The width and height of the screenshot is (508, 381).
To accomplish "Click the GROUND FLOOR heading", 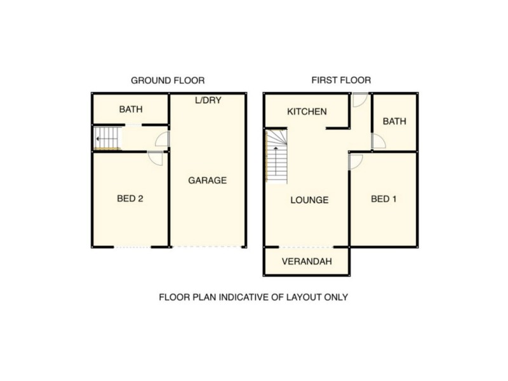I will (168, 81).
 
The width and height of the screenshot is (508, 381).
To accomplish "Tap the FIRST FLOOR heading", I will (341, 81).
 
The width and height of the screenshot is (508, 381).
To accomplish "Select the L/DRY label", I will (208, 100).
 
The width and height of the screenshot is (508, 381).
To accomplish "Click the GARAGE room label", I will (207, 180).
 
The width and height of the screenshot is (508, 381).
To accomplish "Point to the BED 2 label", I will (130, 199).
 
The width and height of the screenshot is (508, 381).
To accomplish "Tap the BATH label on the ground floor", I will (130, 109).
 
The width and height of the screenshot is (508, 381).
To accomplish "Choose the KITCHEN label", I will (307, 112).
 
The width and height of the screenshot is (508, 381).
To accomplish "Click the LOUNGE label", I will (309, 200).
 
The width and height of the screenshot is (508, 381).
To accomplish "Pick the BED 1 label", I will (384, 199).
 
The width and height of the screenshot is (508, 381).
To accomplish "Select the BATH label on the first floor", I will (394, 121).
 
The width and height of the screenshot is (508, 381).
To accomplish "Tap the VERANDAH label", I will (307, 261).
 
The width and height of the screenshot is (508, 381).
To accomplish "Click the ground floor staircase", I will (106, 137).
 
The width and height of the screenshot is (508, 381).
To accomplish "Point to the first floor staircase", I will (276, 156).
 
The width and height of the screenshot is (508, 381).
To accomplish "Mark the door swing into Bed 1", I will (356, 161).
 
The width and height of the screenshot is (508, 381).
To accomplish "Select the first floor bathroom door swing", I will (378, 142).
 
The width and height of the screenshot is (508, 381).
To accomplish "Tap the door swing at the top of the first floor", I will (359, 100).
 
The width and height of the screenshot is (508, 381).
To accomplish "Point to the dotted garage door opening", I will (207, 246).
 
